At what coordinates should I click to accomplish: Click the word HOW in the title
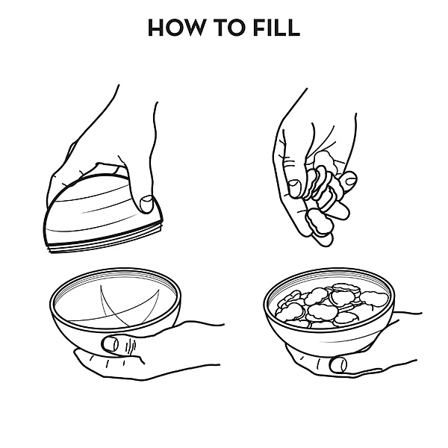(176, 28)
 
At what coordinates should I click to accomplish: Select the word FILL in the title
(276, 28)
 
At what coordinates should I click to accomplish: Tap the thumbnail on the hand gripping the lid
(147, 204)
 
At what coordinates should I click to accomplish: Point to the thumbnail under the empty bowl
(111, 344)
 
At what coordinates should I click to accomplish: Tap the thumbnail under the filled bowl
(338, 365)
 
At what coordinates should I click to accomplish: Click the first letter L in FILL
(279, 28)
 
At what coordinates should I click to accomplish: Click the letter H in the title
(156, 28)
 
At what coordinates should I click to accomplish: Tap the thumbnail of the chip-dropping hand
(294, 189)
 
